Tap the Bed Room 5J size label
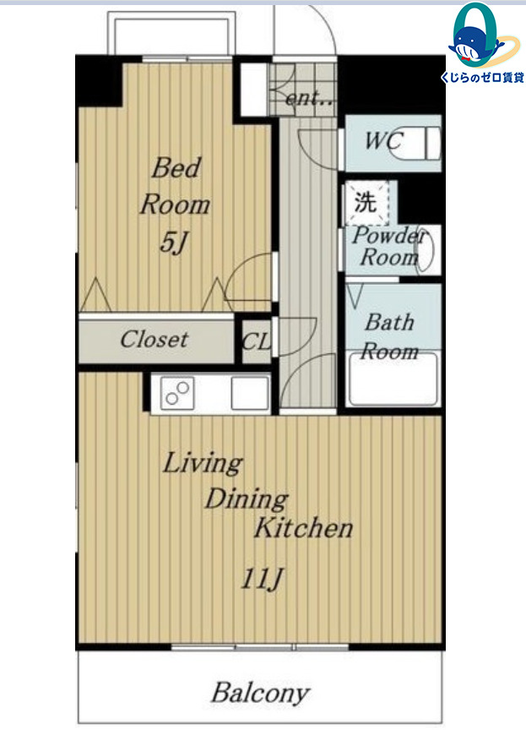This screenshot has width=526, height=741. [x=173, y=242]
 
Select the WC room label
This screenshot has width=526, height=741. [x=384, y=141]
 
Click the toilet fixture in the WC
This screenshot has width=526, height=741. [x=418, y=142]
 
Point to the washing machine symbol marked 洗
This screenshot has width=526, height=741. [x=367, y=202]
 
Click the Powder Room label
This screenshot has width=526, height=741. [x=389, y=246]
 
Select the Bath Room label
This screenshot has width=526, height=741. [x=390, y=337]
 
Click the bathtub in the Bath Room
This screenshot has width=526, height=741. [x=393, y=379]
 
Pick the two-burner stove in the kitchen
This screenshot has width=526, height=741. [x=177, y=393]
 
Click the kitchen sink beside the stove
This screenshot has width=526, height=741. [x=250, y=393]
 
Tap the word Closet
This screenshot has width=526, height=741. [x=154, y=340]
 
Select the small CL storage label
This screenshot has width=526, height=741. [x=257, y=341]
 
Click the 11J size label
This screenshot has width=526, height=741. [x=262, y=579]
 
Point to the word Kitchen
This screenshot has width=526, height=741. [x=304, y=527]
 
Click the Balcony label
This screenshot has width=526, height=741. [x=260, y=694]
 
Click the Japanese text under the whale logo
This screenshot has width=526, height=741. [x=482, y=78]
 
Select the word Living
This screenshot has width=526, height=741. [x=203, y=464]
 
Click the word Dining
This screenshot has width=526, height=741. [x=247, y=499]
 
